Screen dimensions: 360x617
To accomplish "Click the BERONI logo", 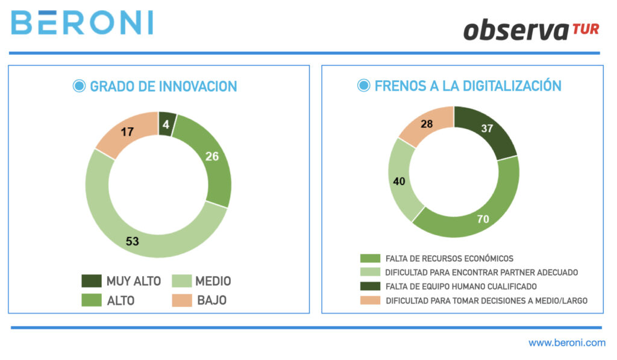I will [x=82, y=22].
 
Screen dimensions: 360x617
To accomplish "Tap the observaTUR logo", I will [x=531, y=30].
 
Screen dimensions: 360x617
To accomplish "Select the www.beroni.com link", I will [x=566, y=343].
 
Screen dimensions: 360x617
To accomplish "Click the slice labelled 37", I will [x=487, y=128].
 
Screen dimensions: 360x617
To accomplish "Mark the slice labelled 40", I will [x=399, y=181].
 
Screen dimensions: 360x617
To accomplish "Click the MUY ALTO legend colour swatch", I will [x=91, y=281].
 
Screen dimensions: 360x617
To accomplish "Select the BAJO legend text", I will [x=211, y=300].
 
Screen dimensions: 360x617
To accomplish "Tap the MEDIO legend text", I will [x=213, y=281].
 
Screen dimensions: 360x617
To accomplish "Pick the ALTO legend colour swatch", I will [x=91, y=300].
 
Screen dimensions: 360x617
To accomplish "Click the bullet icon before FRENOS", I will [x=363, y=86].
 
